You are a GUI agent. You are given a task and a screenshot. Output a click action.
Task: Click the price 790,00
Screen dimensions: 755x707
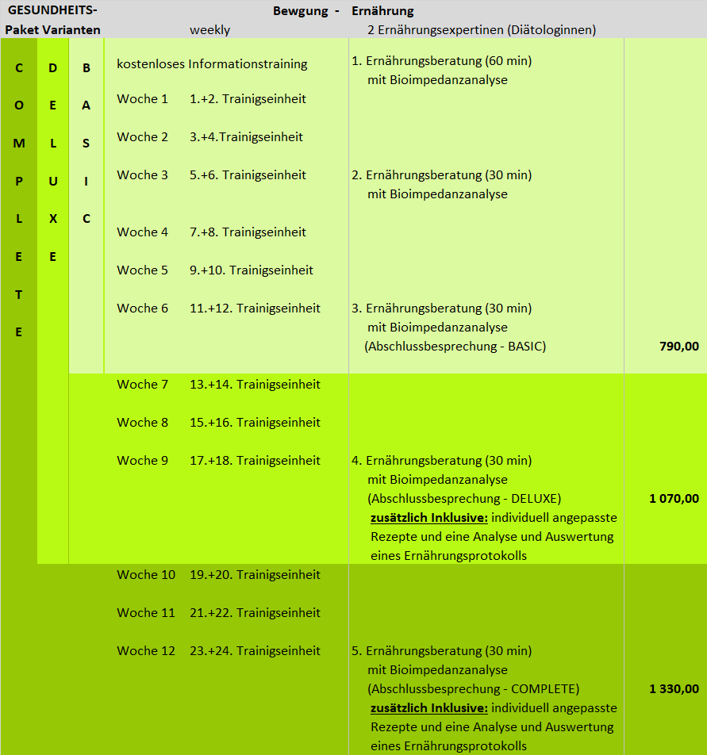pyautogui.click(x=678, y=347)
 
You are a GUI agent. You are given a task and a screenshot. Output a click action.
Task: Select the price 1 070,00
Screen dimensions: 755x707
pyautogui.click(x=674, y=499)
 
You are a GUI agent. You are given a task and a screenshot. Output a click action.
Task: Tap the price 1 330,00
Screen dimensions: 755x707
pyautogui.click(x=674, y=689)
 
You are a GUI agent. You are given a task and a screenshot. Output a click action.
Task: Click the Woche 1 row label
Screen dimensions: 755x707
pyautogui.click(x=143, y=99)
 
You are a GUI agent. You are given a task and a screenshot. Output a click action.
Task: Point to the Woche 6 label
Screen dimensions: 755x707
pyautogui.click(x=143, y=309)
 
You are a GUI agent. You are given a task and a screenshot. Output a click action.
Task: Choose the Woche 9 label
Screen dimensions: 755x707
pyautogui.click(x=143, y=461)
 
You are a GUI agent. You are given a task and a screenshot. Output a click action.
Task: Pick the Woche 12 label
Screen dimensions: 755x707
pyautogui.click(x=146, y=651)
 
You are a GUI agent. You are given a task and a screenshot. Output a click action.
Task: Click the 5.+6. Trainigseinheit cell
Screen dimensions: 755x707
pyautogui.click(x=248, y=175)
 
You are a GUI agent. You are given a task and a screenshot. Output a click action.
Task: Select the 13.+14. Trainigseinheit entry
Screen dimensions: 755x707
pyautogui.click(x=255, y=385)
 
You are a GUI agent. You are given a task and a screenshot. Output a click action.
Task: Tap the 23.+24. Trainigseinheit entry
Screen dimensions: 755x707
pyautogui.click(x=255, y=651)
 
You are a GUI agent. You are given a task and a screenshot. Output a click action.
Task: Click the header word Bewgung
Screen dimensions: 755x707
pyautogui.click(x=301, y=12)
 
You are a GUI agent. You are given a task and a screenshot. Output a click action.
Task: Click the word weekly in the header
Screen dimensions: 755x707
pyautogui.click(x=210, y=30)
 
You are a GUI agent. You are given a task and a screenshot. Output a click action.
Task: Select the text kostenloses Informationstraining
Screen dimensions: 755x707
pyautogui.click(x=212, y=64)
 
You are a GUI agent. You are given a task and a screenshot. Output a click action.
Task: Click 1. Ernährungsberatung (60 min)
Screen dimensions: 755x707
pyautogui.click(x=441, y=61)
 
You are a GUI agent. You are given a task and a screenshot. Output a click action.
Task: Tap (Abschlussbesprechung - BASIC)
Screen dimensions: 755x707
pyautogui.click(x=455, y=347)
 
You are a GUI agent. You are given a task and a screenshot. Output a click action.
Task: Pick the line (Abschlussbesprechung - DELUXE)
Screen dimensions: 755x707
pyautogui.click(x=464, y=499)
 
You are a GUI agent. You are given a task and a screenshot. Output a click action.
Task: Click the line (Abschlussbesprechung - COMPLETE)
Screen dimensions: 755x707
pyautogui.click(x=473, y=689)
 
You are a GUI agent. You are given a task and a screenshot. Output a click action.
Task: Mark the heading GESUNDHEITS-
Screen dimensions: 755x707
pyautogui.click(x=52, y=12)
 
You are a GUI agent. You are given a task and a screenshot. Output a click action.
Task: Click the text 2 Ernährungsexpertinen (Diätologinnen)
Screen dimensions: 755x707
pyautogui.click(x=482, y=30)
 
